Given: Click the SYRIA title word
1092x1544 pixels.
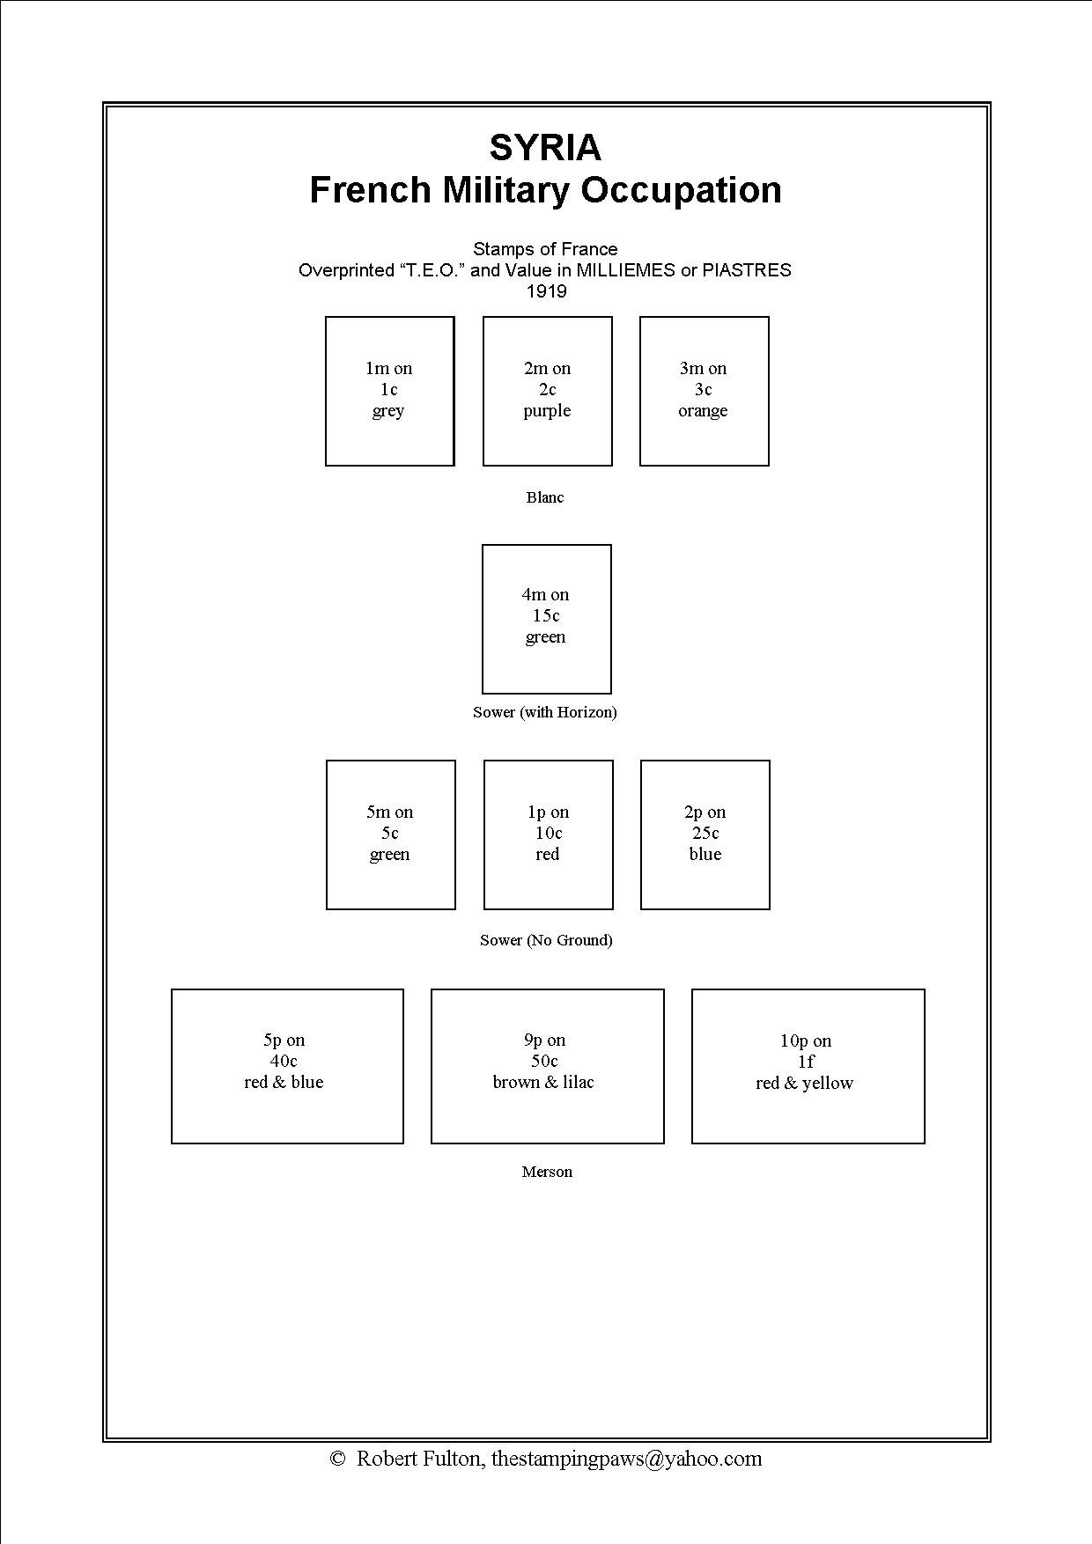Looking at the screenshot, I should coord(545,148).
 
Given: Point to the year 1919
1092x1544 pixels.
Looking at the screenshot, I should coord(546,291).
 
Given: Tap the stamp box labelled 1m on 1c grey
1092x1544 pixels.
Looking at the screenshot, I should coord(389,391).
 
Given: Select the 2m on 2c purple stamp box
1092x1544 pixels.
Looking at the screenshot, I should coord(547,391).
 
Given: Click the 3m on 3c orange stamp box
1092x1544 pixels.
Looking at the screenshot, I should coord(704,391).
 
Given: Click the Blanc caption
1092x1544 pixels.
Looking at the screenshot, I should coord(545,497).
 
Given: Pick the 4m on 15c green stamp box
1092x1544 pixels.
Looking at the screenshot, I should coord(546,618).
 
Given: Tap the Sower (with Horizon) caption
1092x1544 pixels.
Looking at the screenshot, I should coord(545,712).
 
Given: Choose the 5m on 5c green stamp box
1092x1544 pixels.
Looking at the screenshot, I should coord(390,834).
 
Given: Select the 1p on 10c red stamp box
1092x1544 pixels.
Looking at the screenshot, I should coord(548,834).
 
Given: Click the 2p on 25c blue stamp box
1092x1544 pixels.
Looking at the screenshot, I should coord(705,834).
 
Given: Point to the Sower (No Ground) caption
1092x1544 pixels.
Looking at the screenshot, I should coord(546,940).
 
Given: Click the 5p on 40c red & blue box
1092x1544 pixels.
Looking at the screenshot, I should coord(287,1065).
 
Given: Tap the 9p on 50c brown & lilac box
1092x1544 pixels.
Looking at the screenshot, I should coord(547,1065).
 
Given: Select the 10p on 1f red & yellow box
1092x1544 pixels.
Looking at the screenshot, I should coord(808,1065).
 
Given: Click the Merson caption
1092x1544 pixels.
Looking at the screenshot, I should coord(547,1172).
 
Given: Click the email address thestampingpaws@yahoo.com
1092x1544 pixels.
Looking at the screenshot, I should coord(626,1459).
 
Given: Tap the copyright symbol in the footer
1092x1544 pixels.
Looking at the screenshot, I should coord(337,1459).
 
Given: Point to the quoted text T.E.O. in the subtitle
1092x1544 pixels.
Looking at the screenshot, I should coord(432,270).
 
